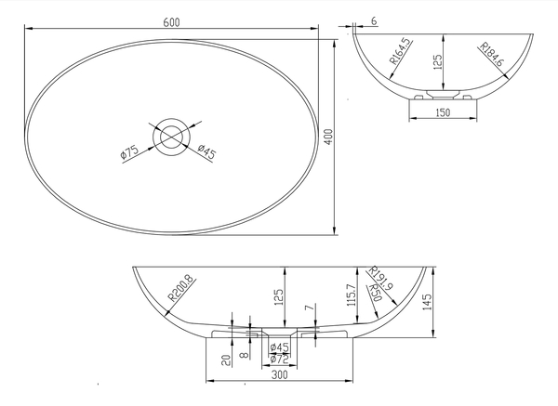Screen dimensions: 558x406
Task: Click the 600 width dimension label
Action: [171, 22]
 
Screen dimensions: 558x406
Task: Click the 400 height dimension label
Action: [329, 137]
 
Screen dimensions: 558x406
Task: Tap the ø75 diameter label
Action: [130, 152]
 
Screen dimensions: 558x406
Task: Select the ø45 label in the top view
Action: [206, 151]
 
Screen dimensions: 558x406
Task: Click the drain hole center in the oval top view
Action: [171, 137]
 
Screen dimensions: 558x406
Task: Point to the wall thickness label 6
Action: [374, 21]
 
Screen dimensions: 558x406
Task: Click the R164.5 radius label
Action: [400, 51]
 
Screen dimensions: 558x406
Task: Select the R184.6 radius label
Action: [492, 55]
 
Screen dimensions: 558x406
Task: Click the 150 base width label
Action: [443, 112]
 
